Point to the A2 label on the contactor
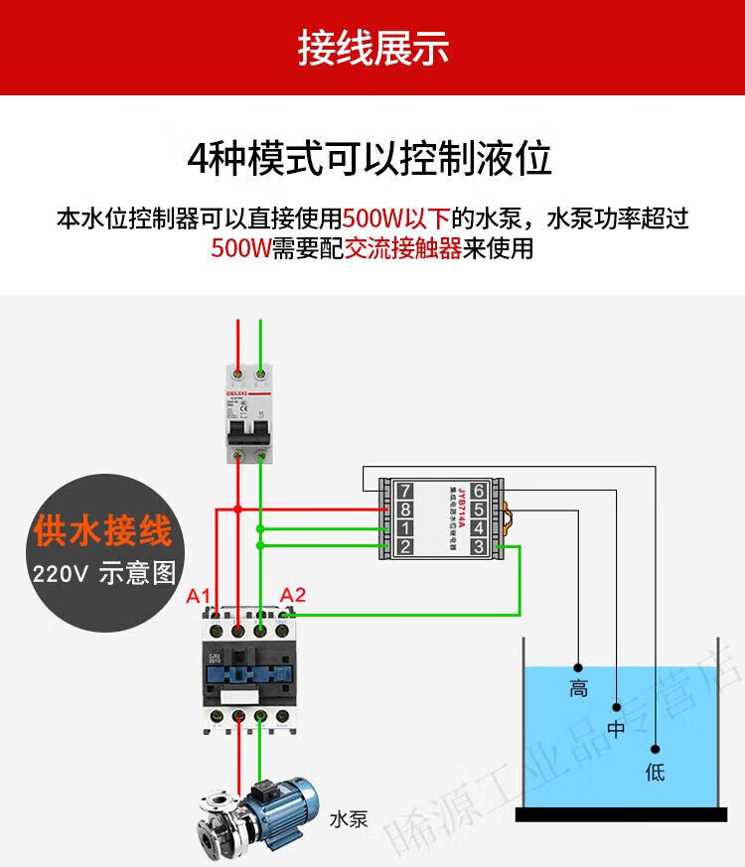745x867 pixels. click(293, 596)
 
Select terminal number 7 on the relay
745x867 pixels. click(404, 491)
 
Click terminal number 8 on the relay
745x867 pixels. click(404, 509)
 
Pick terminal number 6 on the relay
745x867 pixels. click(478, 491)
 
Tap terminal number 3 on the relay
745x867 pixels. click(478, 546)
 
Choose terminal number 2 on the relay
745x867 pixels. click(404, 546)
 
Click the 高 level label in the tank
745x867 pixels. click(578, 688)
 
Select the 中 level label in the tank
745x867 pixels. click(617, 730)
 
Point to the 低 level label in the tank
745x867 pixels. click(655, 772)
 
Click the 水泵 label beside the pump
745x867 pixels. click(349, 820)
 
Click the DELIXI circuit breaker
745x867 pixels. click(248, 412)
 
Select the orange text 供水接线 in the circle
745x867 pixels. click(102, 532)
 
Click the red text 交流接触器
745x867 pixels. click(403, 248)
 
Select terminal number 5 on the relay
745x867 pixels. click(478, 509)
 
